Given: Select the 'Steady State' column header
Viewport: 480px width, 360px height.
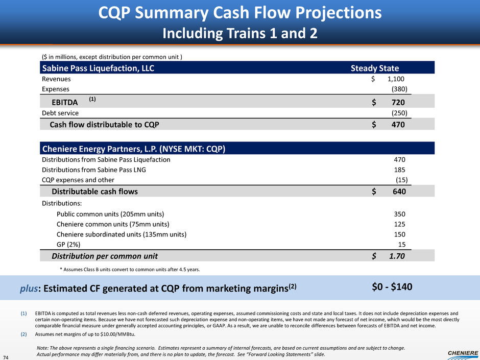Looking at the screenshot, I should coord(374,68).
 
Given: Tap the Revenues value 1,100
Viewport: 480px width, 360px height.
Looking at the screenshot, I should coord(396,79).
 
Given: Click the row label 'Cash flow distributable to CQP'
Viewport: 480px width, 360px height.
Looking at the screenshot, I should coord(107,125).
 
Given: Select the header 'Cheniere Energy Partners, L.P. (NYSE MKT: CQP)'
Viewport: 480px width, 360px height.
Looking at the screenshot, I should coord(133,149).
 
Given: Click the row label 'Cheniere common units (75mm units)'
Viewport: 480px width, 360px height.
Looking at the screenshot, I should coord(113,224).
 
